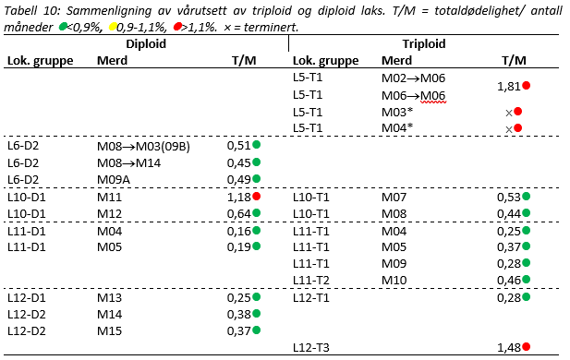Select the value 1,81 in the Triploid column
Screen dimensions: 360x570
pyautogui.click(x=507, y=86)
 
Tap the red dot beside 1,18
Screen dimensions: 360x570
pyautogui.click(x=257, y=197)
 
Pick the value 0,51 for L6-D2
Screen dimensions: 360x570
pyautogui.click(x=238, y=146)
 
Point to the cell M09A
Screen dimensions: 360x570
pyautogui.click(x=115, y=179)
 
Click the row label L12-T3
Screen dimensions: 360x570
pyautogui.click(x=312, y=347)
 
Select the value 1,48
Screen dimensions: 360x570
pyautogui.click(x=507, y=347)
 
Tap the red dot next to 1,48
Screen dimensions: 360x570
pyautogui.click(x=526, y=347)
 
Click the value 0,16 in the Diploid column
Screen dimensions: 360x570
pyautogui.click(x=238, y=231)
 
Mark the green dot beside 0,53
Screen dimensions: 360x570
pyautogui.click(x=526, y=197)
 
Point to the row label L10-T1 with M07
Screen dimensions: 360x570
pyautogui.click(x=312, y=198)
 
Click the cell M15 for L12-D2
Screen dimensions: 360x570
pyautogui.click(x=110, y=330)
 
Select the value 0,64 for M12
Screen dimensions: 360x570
pyautogui.click(x=238, y=214)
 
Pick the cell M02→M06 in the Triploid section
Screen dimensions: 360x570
pyautogui.click(x=413, y=78)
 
